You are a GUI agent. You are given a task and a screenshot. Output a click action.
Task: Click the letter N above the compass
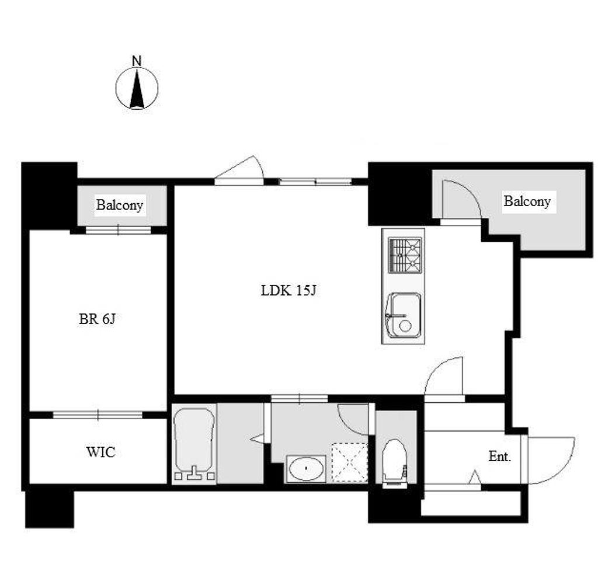(137, 61)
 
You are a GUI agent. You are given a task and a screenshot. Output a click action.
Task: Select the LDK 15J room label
(288, 291)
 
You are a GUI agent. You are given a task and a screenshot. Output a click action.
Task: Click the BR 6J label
(97, 319)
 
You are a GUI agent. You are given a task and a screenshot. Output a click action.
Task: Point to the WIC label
(100, 452)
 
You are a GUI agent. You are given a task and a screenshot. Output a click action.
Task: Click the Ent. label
(500, 456)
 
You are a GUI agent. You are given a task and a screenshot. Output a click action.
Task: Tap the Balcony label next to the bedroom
(119, 205)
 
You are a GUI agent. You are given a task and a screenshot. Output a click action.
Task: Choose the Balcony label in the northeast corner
(527, 201)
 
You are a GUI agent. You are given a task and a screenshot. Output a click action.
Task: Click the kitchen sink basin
(404, 316)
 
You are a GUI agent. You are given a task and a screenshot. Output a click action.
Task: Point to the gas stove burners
(405, 255)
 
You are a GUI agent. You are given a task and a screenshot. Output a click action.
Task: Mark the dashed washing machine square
(349, 462)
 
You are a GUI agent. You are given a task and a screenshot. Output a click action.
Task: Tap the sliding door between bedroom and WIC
(98, 415)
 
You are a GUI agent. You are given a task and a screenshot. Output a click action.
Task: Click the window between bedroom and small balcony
(118, 230)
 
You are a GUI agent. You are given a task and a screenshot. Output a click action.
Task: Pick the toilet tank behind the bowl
(395, 485)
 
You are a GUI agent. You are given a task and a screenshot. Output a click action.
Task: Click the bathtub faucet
(195, 473)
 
